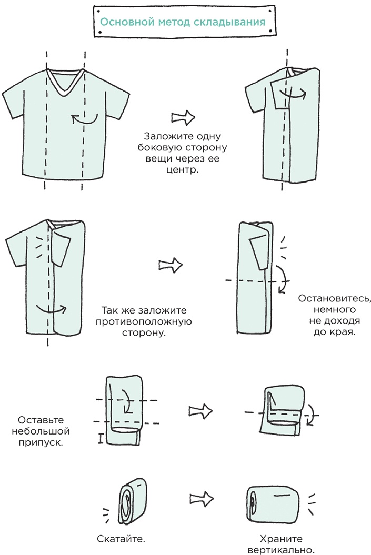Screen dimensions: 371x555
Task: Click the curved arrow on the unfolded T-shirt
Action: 84,119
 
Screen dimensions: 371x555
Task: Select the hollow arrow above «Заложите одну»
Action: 183,117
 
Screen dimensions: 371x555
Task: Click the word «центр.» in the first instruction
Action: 182,170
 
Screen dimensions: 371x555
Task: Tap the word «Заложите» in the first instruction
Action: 164,137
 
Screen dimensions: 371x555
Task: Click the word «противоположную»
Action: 144,322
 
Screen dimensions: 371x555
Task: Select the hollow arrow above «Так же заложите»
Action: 171,265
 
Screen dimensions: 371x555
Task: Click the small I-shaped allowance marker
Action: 101,439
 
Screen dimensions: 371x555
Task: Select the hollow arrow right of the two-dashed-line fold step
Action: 200,411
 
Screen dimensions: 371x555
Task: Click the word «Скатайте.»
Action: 121,539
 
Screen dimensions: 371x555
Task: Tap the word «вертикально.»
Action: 281,550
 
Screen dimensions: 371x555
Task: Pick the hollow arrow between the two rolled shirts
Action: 202,499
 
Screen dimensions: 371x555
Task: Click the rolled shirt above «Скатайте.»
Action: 132,503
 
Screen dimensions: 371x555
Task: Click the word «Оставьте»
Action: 41,420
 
